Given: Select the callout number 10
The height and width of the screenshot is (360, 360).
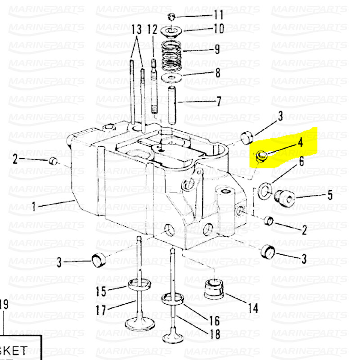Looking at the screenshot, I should pos(218,29).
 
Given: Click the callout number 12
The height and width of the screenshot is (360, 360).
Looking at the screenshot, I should pos(153,31).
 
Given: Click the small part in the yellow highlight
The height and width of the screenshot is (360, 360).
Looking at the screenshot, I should pos(261,157).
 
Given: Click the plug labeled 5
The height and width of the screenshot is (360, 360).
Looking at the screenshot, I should pos(283,198).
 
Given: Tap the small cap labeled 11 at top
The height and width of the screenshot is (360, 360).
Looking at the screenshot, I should pos(171,17).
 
